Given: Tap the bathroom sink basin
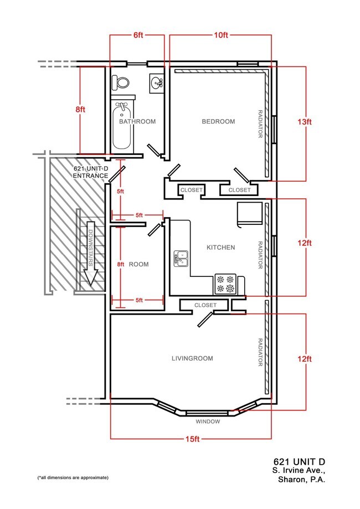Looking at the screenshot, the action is click(x=157, y=83).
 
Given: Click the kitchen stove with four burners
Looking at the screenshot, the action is click(x=225, y=284).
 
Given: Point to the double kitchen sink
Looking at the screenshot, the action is click(x=181, y=259).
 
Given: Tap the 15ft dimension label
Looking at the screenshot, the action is click(x=193, y=439).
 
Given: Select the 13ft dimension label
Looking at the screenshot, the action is click(x=305, y=122).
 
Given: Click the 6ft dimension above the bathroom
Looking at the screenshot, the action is click(x=138, y=35).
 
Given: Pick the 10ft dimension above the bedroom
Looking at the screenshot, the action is click(x=221, y=35).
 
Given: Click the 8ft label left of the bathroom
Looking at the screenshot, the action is click(x=80, y=110).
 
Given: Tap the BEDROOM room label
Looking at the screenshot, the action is click(x=218, y=121).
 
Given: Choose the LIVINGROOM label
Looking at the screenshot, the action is click(x=192, y=358).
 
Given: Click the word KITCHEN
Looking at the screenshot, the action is click(x=221, y=248).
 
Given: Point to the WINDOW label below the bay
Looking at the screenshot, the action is click(x=208, y=421).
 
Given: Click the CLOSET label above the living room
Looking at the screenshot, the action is click(x=205, y=305).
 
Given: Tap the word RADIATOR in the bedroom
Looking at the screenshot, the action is click(x=260, y=124).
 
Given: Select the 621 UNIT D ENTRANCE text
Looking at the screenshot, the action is click(x=91, y=172).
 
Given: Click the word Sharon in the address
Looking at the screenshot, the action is click(x=292, y=480).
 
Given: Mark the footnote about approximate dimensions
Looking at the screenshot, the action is click(x=73, y=477).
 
